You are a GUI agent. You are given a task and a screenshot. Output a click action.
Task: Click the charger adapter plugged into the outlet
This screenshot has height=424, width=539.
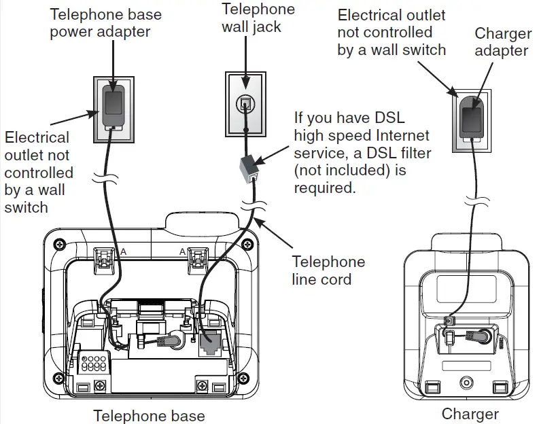[x=470, y=118]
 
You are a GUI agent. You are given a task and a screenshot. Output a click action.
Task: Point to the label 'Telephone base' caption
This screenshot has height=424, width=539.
[x=149, y=415]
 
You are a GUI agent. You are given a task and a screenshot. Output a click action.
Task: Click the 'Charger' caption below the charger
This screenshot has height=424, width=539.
[x=470, y=414]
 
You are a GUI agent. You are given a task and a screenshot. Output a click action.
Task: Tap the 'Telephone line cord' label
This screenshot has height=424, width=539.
[x=328, y=270]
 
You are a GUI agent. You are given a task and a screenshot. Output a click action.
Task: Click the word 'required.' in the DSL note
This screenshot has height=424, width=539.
[x=325, y=188]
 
